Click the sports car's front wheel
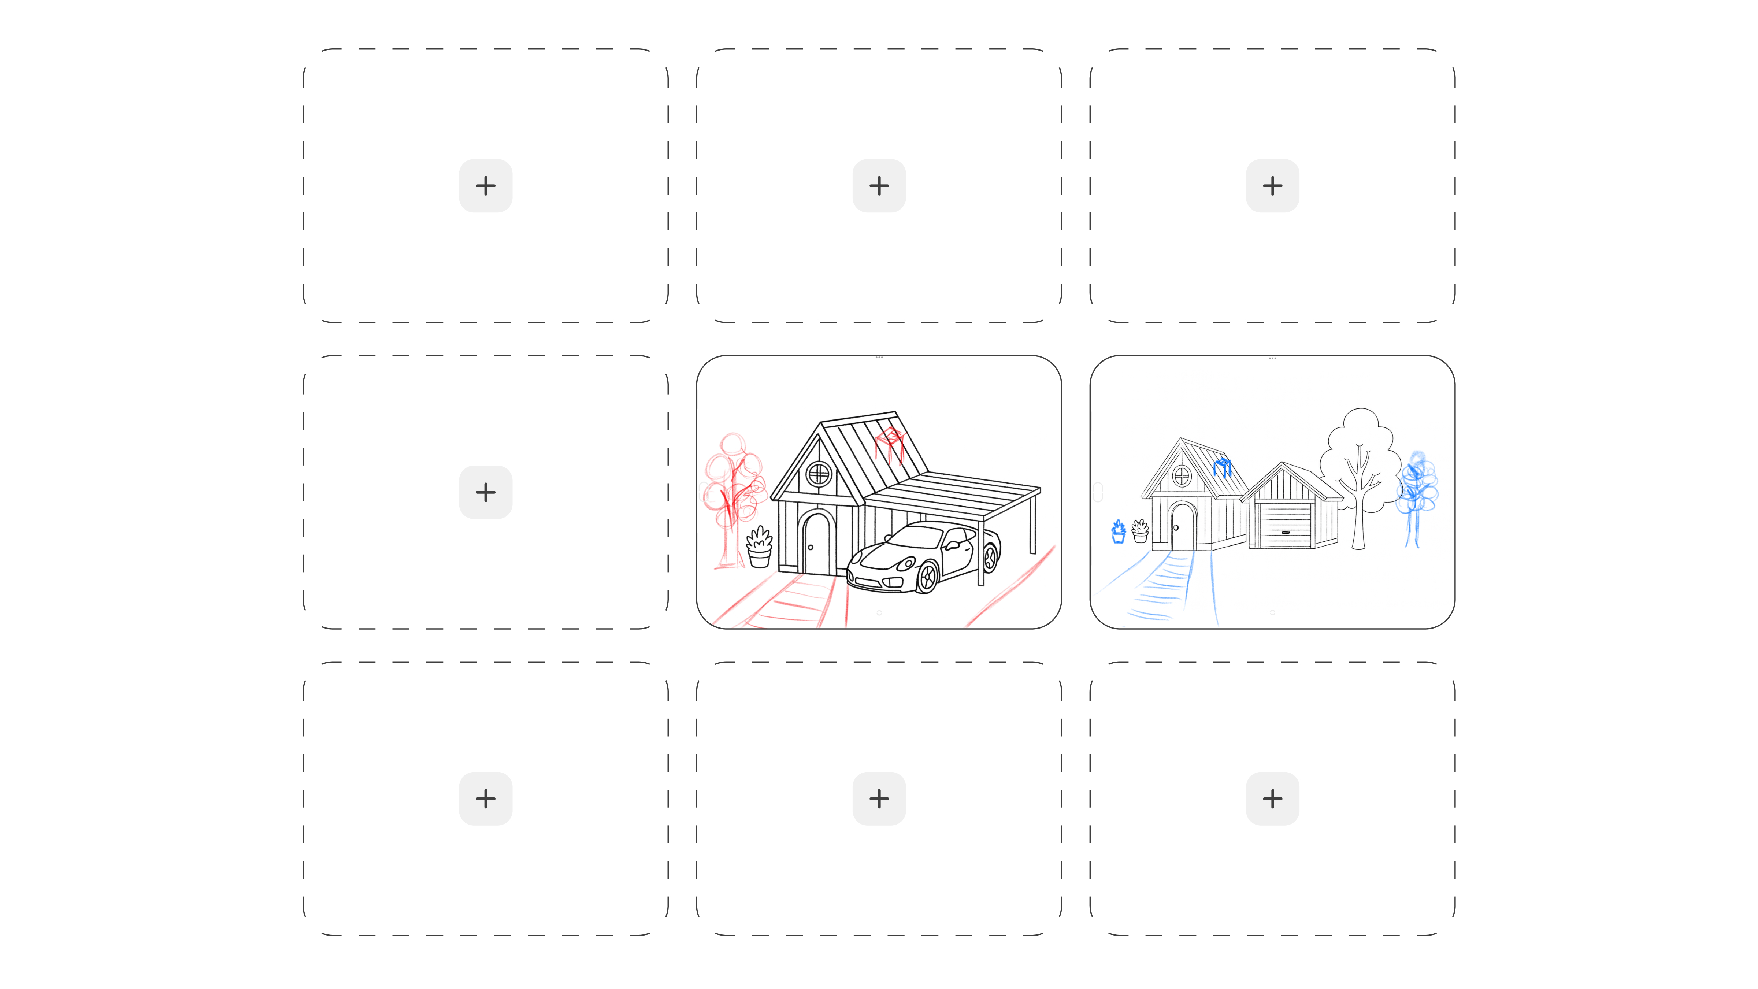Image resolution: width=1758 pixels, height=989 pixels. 927,577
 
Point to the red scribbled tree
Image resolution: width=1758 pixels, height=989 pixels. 734,492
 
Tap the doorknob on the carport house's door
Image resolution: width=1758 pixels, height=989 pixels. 811,547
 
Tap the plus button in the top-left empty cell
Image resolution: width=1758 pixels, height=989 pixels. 485,186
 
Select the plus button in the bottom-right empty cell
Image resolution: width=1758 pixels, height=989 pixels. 1272,799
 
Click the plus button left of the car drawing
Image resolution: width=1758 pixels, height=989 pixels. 485,492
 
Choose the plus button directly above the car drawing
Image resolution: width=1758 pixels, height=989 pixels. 879,186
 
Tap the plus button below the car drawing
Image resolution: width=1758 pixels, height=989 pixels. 879,799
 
